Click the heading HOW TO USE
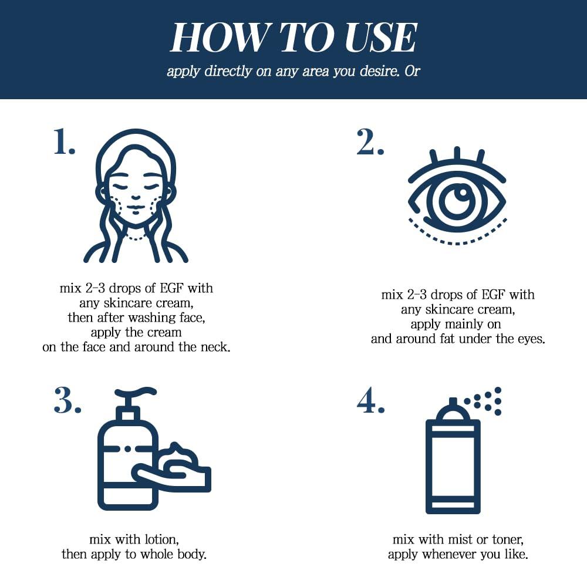[x=293, y=38]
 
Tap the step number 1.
[x=64, y=143]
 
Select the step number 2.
[x=370, y=143]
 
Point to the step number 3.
[x=67, y=400]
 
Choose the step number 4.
[x=370, y=400]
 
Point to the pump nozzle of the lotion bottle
[x=137, y=393]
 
